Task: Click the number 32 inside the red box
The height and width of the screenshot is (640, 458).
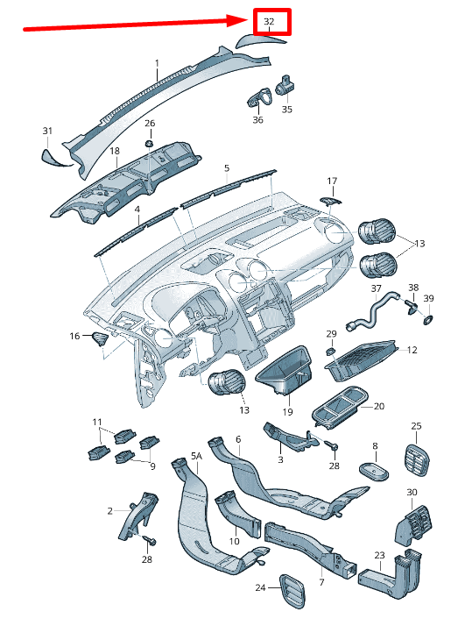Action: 269,21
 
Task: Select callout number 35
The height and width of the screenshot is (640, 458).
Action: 287,110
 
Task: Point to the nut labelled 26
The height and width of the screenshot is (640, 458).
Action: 149,144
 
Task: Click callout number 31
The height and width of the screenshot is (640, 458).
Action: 47,131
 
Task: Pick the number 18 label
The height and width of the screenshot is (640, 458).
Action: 115,151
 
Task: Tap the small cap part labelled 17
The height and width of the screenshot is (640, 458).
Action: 331,200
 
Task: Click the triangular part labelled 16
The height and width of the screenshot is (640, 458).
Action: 101,338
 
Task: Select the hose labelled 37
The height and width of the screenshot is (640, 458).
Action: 371,311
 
